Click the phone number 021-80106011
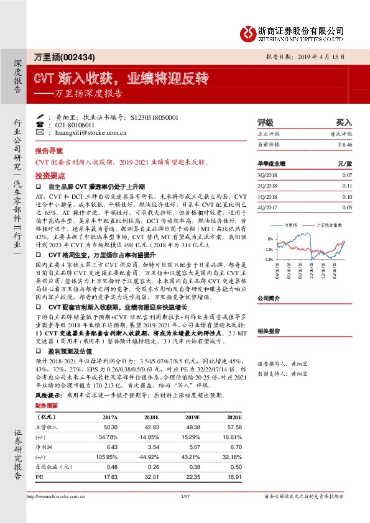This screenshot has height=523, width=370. [x=75, y=124]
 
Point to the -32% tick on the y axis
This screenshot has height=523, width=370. [x=268, y=258]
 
